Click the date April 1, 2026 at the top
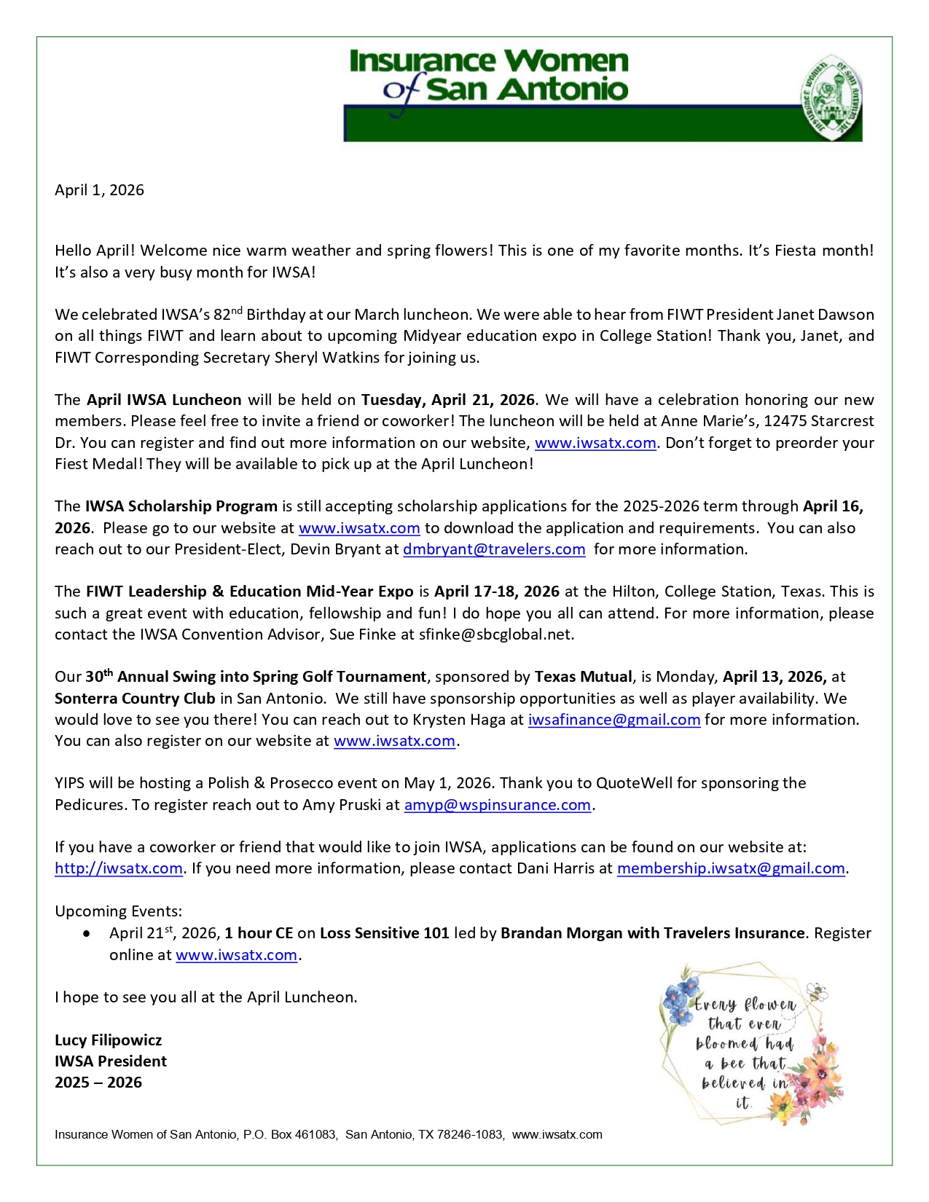tap(99, 190)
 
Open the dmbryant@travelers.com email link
tap(494, 549)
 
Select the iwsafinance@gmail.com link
tap(614, 720)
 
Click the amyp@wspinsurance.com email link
tap(497, 805)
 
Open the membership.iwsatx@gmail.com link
tap(731, 868)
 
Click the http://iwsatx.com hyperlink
tap(119, 868)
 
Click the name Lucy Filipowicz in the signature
tap(108, 1040)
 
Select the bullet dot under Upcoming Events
tap(87, 933)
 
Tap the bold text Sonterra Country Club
tap(135, 699)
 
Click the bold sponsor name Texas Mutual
tap(583, 677)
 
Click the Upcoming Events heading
tap(118, 911)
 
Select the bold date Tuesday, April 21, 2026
tap(448, 400)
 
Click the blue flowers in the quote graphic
tap(681, 997)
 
